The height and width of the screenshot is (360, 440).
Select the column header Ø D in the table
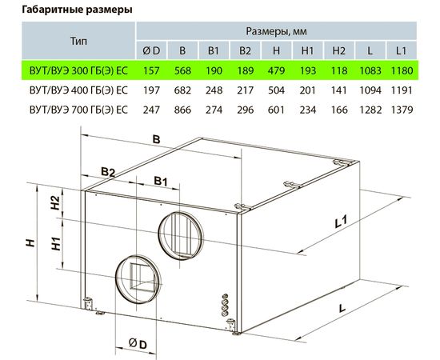151,50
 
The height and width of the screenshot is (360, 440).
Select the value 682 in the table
182,90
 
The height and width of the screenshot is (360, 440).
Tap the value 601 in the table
276,109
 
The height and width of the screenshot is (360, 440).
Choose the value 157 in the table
151,70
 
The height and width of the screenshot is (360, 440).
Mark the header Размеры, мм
276,31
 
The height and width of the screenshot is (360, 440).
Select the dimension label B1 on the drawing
161,179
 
